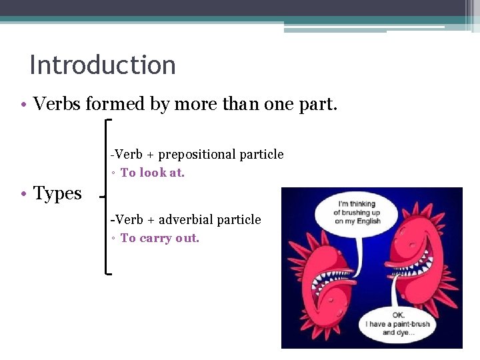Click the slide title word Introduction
tap(103, 65)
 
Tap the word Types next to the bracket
tap(57, 194)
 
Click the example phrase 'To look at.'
tap(153, 173)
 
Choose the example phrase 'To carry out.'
tap(160, 238)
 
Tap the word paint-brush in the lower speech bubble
tap(408, 324)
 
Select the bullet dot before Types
tap(23, 195)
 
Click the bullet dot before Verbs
tap(23, 105)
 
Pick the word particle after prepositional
tap(261, 155)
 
